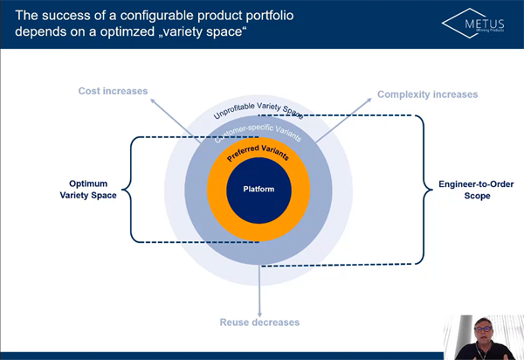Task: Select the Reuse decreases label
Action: pyautogui.click(x=259, y=322)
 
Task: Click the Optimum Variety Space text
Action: pyautogui.click(x=93, y=190)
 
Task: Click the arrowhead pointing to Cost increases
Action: pyautogui.click(x=152, y=101)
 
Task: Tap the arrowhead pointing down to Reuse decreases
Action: pyautogui.click(x=259, y=311)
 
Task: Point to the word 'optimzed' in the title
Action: pyautogui.click(x=114, y=32)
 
